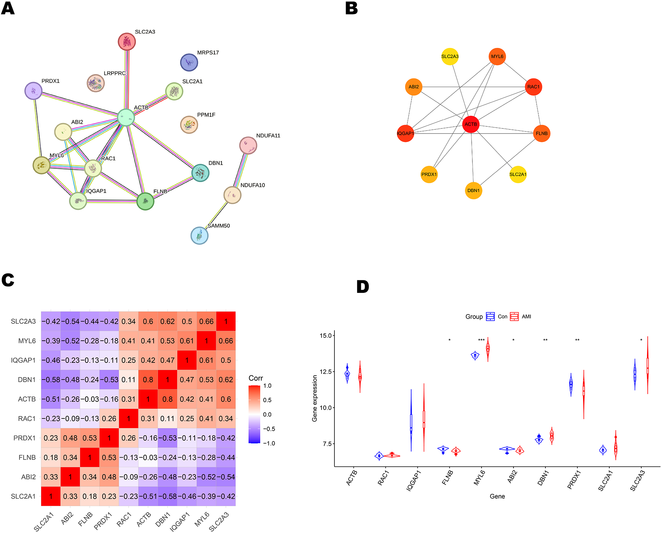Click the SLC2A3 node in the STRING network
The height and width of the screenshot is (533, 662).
pyautogui.click(x=127, y=42)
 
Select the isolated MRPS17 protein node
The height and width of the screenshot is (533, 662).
pyautogui.click(x=189, y=63)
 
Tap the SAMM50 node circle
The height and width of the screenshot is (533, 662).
pyautogui.click(x=199, y=235)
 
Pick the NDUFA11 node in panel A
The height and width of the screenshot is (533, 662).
pyautogui.click(x=248, y=145)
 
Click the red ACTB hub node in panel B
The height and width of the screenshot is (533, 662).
pyautogui.click(x=471, y=124)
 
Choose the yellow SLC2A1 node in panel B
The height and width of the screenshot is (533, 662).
pyautogui.click(x=518, y=174)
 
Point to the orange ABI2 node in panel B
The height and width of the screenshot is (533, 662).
pyautogui.click(x=414, y=87)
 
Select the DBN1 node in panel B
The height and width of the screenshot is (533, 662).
pyautogui.click(x=473, y=191)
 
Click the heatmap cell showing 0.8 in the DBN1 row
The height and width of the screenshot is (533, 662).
pyautogui.click(x=148, y=380)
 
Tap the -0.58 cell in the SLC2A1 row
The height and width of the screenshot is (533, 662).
pyautogui.click(x=167, y=496)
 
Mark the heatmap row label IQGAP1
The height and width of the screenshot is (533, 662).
pyautogui.click(x=23, y=360)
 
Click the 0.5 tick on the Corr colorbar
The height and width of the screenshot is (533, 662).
pyautogui.click(x=267, y=400)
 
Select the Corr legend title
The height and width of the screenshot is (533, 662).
pyautogui.click(x=256, y=378)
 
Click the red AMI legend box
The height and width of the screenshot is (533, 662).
pyautogui.click(x=514, y=317)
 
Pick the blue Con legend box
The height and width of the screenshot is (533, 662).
pyautogui.click(x=490, y=317)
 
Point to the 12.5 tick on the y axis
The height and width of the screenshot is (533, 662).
pyautogui.click(x=325, y=372)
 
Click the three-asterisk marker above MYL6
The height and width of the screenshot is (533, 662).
pyautogui.click(x=481, y=340)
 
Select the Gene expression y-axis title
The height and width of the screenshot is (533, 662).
pyautogui.click(x=315, y=398)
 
